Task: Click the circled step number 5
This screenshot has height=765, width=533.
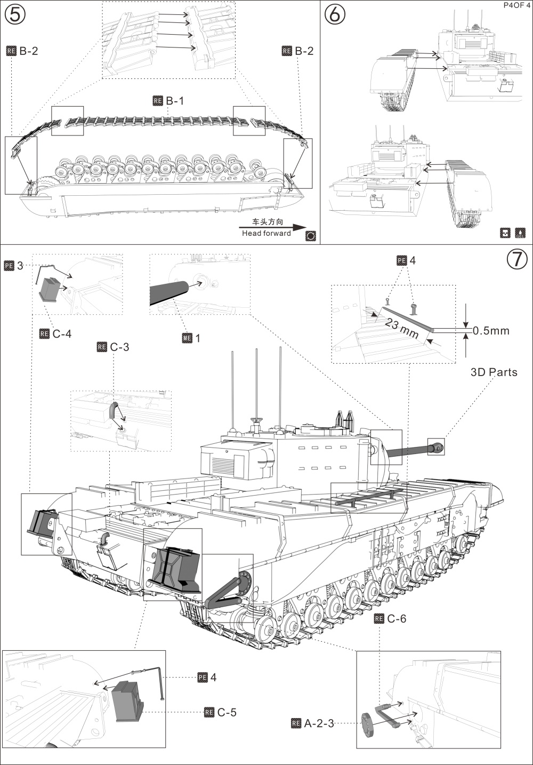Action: pyautogui.click(x=15, y=14)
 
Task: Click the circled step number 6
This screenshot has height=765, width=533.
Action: pyautogui.click(x=335, y=14)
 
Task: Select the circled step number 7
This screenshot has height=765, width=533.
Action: pyautogui.click(x=516, y=259)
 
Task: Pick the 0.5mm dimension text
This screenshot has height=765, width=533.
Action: pyautogui.click(x=491, y=331)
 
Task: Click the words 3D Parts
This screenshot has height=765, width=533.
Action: pyautogui.click(x=494, y=372)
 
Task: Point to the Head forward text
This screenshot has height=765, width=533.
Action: pyautogui.click(x=266, y=233)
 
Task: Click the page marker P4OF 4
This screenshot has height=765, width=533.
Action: pyautogui.click(x=515, y=5)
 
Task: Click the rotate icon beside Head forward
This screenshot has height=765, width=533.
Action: pyautogui.click(x=311, y=236)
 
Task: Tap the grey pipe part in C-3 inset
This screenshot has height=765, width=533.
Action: pyautogui.click(x=114, y=409)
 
